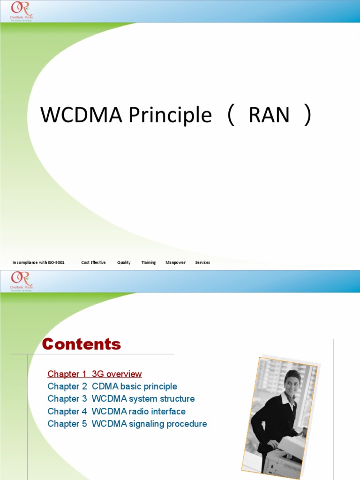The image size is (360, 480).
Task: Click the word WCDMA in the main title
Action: [68, 115]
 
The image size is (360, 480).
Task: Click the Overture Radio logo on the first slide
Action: [22, 11]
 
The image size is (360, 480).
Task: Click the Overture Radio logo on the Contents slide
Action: [22, 281]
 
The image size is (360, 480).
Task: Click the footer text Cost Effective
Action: [93, 262]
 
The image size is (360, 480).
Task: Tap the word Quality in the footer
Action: [124, 262]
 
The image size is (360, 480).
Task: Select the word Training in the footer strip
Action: [149, 262]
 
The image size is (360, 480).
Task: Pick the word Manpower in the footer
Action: [175, 262]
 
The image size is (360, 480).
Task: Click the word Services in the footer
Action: [202, 262]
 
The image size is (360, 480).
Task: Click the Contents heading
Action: [82, 345]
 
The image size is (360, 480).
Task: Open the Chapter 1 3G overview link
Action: [95, 374]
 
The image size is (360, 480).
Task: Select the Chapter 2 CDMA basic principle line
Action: [112, 387]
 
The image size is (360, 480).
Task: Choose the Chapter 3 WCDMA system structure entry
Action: [121, 399]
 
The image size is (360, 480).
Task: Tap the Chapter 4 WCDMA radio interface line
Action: [117, 412]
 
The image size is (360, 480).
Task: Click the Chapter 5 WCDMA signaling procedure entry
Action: [127, 424]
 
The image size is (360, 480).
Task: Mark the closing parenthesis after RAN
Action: [307, 115]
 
